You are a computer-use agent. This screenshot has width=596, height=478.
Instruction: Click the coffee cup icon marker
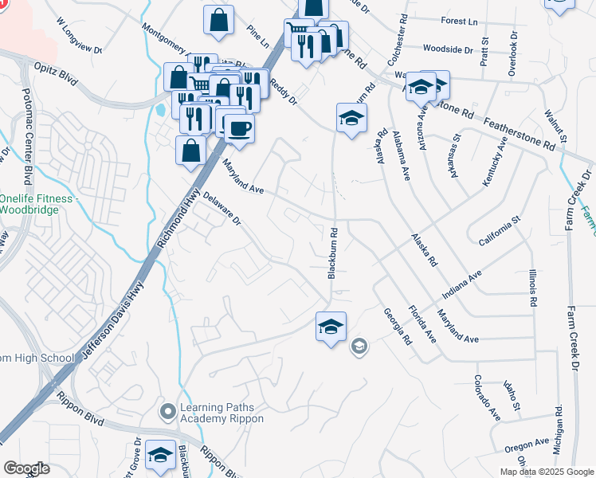[239, 128]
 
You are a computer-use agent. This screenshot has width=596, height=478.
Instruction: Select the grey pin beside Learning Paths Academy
[167, 412]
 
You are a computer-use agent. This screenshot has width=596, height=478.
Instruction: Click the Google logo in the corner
[26, 468]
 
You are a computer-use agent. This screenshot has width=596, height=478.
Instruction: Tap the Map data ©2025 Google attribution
[546, 472]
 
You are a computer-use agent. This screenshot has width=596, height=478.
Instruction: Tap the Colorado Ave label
[486, 398]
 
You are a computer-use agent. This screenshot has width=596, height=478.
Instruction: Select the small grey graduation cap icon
[359, 345]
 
